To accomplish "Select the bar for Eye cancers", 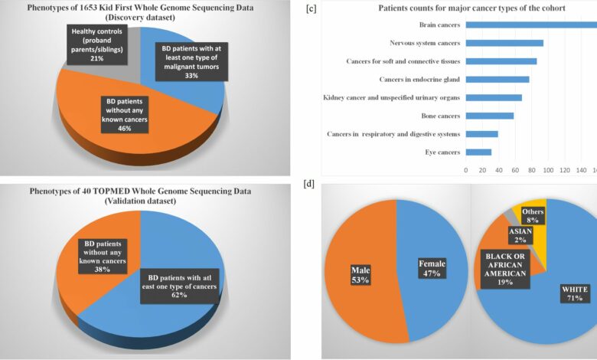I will [478, 152].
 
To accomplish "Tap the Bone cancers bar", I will [490, 116].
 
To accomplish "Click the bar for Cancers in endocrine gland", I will [497, 80].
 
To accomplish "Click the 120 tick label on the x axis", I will [564, 169].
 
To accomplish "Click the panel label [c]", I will [311, 9].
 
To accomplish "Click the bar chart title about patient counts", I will [461, 8].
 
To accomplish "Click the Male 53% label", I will [361, 275].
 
